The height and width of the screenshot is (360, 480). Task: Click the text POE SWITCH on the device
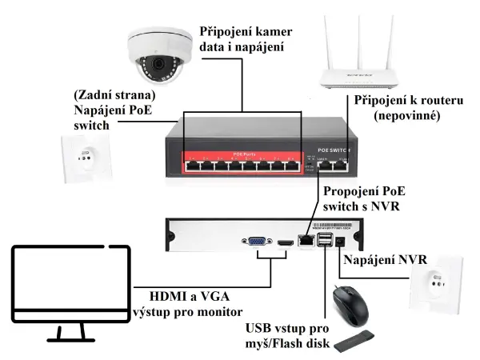pos(334,150)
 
